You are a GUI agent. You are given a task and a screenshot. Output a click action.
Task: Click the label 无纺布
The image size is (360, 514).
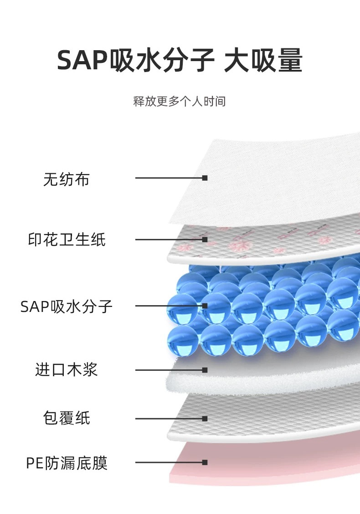coord(67,179)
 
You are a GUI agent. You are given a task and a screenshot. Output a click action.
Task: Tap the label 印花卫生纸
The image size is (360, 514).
coord(67,239)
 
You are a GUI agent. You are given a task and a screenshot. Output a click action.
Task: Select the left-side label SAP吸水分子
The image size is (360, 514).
coord(67,306)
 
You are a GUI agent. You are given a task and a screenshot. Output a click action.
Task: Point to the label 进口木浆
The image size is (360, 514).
coord(67,369)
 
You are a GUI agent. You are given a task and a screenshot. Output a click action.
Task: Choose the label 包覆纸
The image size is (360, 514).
coord(67,418)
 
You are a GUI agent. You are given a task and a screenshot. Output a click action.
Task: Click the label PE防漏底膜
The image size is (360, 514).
coord(67,463)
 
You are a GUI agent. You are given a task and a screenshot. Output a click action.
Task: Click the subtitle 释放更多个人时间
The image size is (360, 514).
coord(180,101)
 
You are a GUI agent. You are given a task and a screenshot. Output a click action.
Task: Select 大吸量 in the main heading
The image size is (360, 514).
coord(263,61)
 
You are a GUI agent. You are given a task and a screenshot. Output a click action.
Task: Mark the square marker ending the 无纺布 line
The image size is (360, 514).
coord(205,178)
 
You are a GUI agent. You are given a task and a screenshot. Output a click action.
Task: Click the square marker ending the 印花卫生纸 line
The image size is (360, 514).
coord(205,239)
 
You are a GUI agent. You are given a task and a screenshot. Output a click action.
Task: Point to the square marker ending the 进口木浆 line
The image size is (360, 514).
coord(205,369)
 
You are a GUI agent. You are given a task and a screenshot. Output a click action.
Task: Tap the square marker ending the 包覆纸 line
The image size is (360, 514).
coord(205,418)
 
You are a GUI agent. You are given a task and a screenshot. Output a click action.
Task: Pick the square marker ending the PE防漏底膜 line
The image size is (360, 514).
coord(205,462)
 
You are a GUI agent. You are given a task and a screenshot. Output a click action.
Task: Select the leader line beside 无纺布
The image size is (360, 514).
coord(169,178)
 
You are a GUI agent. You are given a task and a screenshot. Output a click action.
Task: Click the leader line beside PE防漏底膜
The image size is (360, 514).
coord(169,462)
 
